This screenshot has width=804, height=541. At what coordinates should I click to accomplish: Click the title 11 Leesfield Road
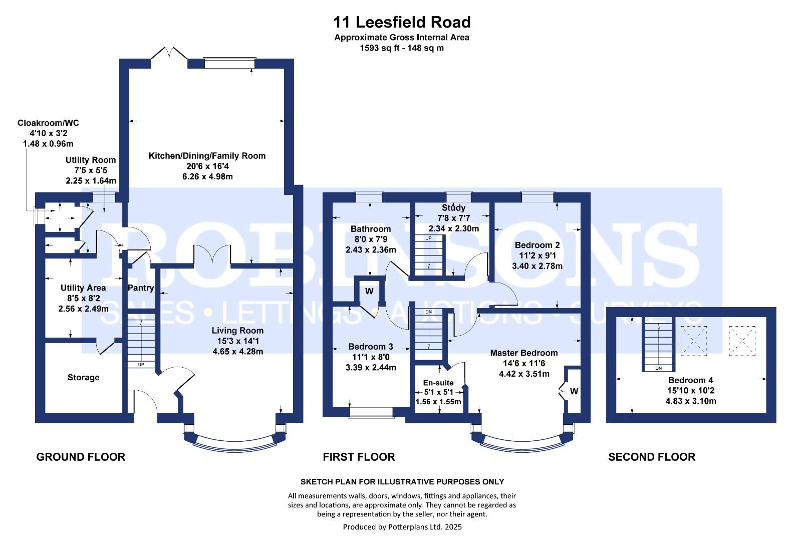point(402,23)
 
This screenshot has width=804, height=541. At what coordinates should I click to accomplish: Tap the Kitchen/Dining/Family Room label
point(207,156)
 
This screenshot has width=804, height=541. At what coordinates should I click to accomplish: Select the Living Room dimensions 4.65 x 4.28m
point(237,352)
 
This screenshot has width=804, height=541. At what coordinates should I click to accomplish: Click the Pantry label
point(140,288)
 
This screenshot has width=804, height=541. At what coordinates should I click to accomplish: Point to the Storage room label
point(83,378)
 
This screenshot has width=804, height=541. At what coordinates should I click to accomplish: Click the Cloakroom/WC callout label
point(48,123)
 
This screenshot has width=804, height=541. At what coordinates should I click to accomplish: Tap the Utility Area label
point(83,288)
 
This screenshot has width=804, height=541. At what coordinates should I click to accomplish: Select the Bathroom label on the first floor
point(371,229)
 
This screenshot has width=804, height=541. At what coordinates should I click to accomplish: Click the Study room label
point(453,208)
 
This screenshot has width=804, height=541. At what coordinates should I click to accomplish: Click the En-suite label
point(438,383)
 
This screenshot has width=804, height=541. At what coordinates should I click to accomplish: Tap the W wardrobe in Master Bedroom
point(574,391)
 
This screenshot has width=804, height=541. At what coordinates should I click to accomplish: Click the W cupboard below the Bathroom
point(369,291)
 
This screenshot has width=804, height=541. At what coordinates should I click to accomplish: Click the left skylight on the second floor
point(694,341)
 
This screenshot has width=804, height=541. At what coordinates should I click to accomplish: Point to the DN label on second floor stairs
point(658,368)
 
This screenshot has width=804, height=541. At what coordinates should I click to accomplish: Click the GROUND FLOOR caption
point(81,457)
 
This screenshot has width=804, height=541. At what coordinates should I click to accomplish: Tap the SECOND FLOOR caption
point(651,457)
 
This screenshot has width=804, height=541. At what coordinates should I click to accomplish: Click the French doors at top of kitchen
point(169,54)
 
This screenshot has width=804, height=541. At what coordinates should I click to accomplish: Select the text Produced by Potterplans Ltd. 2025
point(402,527)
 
